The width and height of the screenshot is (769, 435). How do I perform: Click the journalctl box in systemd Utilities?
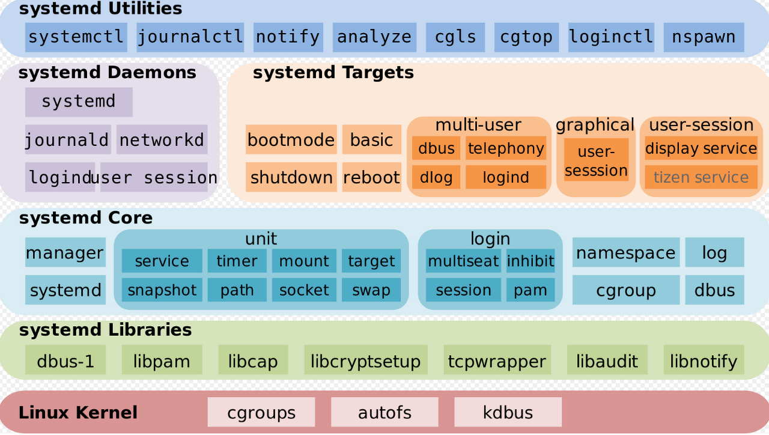tap(190, 37)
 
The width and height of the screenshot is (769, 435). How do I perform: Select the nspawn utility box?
tap(704, 37)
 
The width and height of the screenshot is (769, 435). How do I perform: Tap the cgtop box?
tap(526, 37)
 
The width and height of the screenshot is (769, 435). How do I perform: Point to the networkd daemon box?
tap(162, 140)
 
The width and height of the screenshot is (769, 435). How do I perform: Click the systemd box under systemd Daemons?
tap(79, 102)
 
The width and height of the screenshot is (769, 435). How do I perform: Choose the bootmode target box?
tap(291, 140)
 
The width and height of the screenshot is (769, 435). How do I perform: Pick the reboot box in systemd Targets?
tap(371, 177)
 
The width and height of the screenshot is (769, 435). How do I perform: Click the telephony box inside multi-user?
tap(506, 148)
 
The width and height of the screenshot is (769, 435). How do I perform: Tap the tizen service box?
tap(701, 177)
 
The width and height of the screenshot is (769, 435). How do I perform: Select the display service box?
tap(701, 148)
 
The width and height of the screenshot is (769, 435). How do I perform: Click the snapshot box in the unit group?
tap(162, 290)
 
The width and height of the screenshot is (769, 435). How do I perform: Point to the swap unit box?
tap(371, 290)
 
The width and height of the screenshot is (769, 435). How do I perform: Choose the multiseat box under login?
tap(463, 261)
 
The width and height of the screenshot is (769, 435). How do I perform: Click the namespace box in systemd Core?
tap(626, 253)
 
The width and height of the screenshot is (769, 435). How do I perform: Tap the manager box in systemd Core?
tap(65, 253)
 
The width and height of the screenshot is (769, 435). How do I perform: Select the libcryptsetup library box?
tap(365, 361)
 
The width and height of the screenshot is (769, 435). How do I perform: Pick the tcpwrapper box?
tap(497, 361)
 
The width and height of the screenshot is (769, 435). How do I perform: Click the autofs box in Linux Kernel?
tap(384, 413)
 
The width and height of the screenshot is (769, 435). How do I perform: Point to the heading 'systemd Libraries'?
tap(105, 330)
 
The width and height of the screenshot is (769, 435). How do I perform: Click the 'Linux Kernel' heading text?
tap(78, 413)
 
